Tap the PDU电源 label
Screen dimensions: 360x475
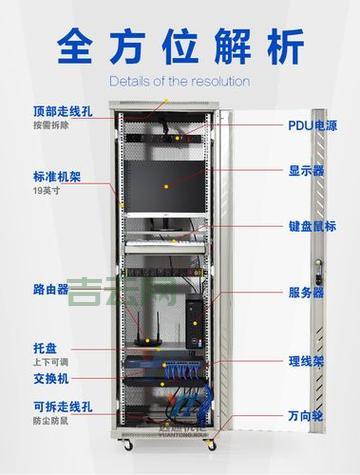click(312, 126)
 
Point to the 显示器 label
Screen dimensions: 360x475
click(306, 170)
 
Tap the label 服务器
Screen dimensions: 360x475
click(306, 293)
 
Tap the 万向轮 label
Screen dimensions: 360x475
click(306, 414)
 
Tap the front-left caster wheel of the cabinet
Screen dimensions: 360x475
click(128, 446)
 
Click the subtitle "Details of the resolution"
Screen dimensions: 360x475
click(179, 81)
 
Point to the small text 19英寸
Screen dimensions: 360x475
click(46, 191)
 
